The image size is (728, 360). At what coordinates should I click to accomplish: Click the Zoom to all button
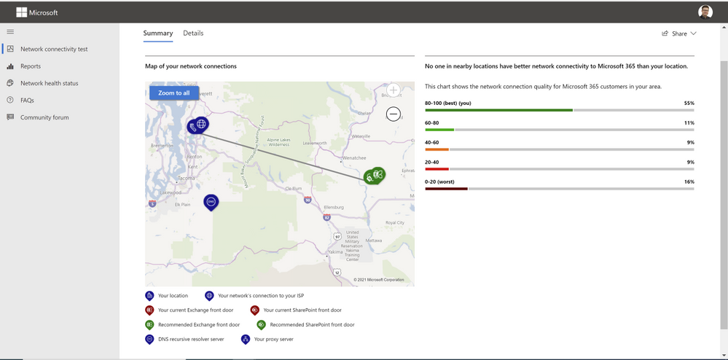click(173, 93)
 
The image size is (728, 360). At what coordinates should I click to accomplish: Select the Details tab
click(193, 34)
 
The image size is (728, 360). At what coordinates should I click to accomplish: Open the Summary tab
click(158, 34)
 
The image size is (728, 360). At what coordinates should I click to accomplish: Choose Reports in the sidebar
click(31, 66)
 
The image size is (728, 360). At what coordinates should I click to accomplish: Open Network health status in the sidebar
click(49, 83)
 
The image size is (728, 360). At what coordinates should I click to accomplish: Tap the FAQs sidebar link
click(27, 100)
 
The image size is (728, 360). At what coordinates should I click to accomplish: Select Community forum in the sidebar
click(44, 117)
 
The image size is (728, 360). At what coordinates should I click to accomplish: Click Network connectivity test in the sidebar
click(54, 50)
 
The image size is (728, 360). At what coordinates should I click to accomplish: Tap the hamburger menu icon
click(10, 31)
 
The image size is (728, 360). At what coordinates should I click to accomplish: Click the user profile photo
click(705, 12)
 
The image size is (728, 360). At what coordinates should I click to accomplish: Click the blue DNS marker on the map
click(211, 201)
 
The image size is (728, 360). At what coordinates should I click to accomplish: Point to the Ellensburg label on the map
click(333, 207)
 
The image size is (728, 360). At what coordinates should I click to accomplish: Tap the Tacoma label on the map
click(186, 178)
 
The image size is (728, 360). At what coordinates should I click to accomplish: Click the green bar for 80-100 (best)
click(498, 110)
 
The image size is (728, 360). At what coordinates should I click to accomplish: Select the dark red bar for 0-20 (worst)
click(446, 189)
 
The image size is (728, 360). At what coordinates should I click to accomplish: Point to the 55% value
click(689, 103)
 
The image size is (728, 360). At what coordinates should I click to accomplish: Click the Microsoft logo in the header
click(37, 12)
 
